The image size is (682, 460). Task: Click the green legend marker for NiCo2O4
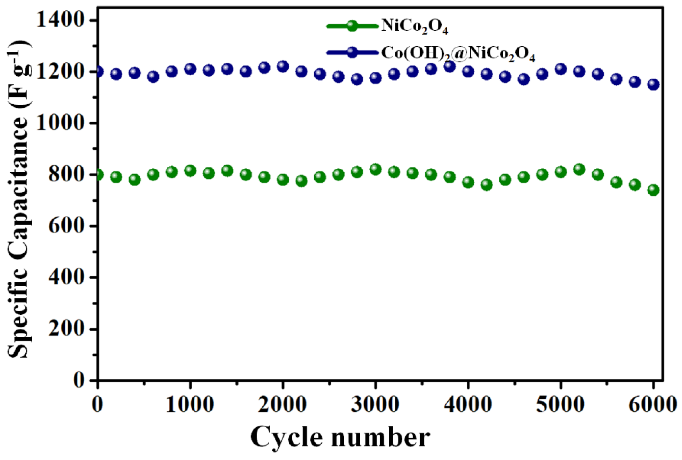(x=352, y=26)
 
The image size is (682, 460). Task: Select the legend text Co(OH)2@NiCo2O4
(x=458, y=54)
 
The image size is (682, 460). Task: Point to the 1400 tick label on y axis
(x=61, y=20)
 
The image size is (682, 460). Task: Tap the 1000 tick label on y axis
(x=61, y=123)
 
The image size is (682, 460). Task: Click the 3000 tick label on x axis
(x=375, y=405)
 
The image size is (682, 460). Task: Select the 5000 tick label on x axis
(x=560, y=405)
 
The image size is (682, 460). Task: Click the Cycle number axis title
(x=340, y=437)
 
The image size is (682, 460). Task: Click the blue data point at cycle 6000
(x=653, y=84)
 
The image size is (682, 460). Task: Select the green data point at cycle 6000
(x=653, y=190)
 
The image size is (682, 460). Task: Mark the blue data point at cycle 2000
(x=283, y=66)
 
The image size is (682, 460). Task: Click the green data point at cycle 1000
(x=190, y=170)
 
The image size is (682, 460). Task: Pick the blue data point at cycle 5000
(x=560, y=69)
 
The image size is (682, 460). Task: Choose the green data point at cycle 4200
(x=487, y=185)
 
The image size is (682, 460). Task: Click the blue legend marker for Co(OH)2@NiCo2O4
(x=352, y=52)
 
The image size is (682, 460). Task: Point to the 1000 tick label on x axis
(x=190, y=405)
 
